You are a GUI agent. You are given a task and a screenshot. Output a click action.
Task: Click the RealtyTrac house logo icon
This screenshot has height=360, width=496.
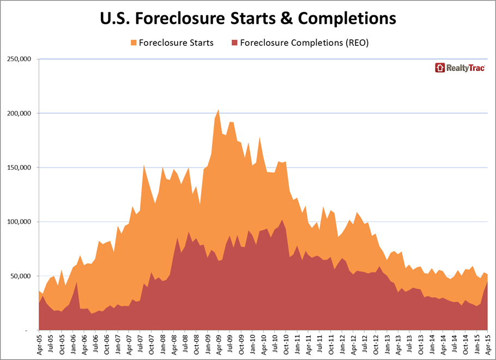click(440, 68)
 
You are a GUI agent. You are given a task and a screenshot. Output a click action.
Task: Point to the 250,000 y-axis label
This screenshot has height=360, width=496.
click(19, 59)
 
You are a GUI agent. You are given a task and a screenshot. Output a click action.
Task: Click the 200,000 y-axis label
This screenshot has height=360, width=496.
click(19, 113)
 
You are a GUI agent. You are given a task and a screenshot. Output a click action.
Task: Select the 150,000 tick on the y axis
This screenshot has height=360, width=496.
click(19, 167)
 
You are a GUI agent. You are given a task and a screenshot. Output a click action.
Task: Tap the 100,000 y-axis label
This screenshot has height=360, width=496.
click(19, 222)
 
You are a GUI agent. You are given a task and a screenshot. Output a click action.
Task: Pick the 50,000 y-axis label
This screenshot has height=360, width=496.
click(21, 276)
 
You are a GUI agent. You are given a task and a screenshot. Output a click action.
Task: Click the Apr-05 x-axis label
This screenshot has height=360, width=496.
click(39, 344)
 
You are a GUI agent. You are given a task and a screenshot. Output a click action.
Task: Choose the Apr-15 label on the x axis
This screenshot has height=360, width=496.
click(487, 344)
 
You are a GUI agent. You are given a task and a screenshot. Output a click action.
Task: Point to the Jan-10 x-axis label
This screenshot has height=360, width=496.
click(252, 344)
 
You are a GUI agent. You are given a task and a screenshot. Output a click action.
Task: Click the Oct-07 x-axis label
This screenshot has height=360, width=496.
click(151, 344)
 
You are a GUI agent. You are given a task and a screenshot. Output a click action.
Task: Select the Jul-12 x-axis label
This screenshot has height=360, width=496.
click(364, 344)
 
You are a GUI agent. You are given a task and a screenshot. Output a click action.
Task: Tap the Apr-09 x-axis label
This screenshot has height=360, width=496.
click(219, 344)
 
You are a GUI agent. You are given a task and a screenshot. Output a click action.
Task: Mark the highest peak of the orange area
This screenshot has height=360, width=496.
click(219, 110)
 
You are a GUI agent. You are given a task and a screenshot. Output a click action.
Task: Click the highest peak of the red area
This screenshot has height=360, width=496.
click(282, 220)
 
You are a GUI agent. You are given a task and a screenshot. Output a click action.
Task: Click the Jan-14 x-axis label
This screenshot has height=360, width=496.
click(431, 344)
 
